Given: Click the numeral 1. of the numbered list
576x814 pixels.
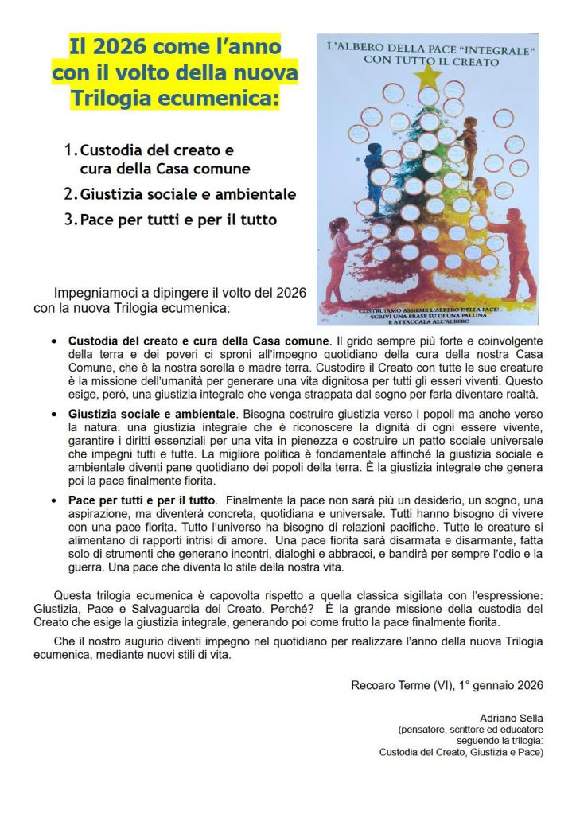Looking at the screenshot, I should tap(71, 149).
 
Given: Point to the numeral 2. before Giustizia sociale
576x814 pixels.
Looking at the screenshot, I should tap(71, 193).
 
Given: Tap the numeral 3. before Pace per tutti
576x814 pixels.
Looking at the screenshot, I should tap(71, 220).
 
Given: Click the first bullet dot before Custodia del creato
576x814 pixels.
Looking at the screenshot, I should tap(53, 341).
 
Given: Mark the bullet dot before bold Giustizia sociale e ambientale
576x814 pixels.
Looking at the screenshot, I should tap(53, 415).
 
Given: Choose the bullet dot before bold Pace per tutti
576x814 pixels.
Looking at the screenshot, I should tap(53, 500).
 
